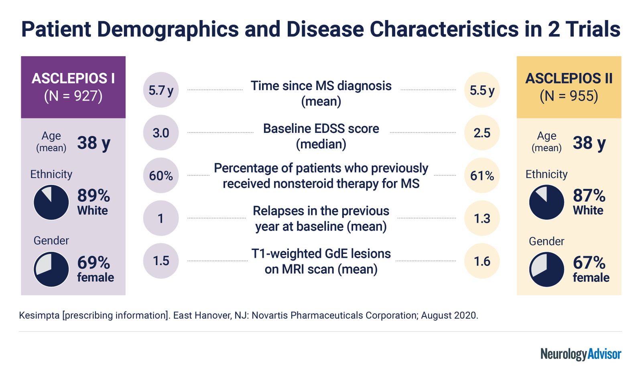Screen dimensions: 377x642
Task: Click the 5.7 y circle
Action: (x=160, y=90)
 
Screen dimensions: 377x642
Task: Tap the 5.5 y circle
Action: (x=482, y=90)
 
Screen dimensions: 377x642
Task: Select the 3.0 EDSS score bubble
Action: (x=160, y=133)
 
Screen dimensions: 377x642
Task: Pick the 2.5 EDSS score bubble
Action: (x=482, y=133)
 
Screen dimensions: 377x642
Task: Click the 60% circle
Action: (x=160, y=175)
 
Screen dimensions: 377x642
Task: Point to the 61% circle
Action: (x=482, y=175)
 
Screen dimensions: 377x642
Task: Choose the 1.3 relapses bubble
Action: (x=482, y=218)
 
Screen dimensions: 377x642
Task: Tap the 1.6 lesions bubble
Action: (x=482, y=261)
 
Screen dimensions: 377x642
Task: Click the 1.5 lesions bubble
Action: (x=160, y=261)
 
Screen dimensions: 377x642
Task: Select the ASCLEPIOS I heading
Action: (x=73, y=78)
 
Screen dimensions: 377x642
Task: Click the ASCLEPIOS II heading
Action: (x=569, y=78)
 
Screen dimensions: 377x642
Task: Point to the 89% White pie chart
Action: (x=51, y=202)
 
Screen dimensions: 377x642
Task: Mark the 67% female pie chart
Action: (x=547, y=270)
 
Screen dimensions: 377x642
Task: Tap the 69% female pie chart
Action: (x=51, y=269)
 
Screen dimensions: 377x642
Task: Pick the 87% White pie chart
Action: (x=547, y=202)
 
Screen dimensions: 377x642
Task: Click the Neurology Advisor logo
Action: (x=581, y=354)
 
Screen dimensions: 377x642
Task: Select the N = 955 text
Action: (x=569, y=96)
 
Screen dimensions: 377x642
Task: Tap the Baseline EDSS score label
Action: (x=321, y=129)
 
